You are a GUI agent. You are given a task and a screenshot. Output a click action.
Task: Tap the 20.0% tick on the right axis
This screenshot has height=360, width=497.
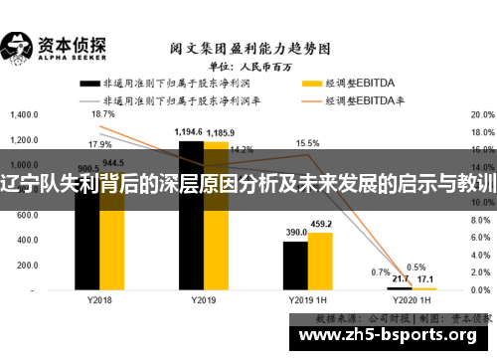pos(481,114)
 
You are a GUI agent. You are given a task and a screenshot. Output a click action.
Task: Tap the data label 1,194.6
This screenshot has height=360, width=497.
pos(189,132)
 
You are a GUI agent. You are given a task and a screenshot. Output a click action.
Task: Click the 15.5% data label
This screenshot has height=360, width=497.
pos(307,143)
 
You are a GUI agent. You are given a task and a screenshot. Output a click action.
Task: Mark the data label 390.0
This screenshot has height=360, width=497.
pos(296,233)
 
